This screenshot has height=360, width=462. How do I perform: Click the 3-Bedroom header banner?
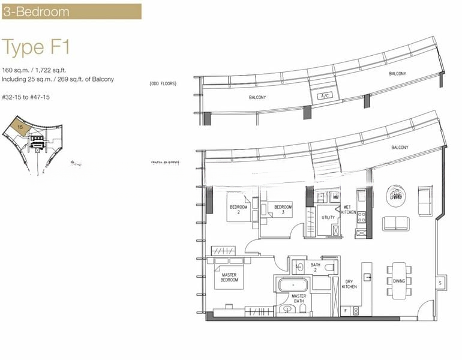71,11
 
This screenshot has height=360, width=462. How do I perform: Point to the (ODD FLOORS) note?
163,84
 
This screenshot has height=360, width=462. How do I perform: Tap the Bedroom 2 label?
238,210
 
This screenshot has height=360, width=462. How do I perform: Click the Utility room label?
328,218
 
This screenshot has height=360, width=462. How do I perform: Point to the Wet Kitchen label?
349,210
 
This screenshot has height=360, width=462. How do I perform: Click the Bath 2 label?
316,267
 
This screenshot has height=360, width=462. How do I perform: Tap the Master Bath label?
299,299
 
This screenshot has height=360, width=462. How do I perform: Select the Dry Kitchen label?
349,284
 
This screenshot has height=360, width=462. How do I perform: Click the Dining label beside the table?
398,281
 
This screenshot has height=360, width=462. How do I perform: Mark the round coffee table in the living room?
396,194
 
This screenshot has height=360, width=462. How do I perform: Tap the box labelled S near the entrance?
440,283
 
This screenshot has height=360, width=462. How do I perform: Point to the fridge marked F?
346,310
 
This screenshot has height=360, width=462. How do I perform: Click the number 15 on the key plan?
20,128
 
